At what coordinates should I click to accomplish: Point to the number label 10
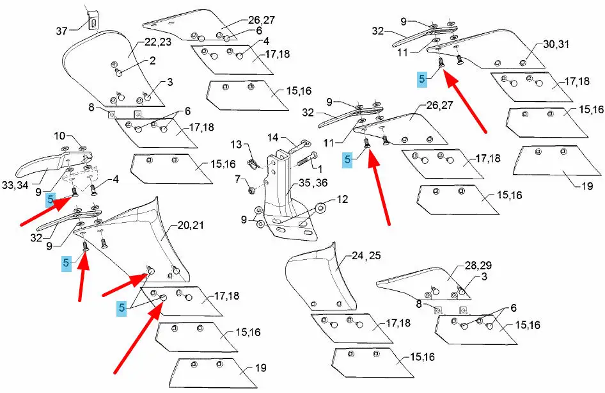(x=59, y=136)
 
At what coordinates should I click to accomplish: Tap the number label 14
(x=272, y=137)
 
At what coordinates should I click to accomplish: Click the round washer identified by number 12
(x=318, y=208)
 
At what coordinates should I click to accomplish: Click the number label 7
(x=237, y=178)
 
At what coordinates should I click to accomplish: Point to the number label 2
(x=153, y=61)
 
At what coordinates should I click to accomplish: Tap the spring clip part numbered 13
(x=251, y=163)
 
